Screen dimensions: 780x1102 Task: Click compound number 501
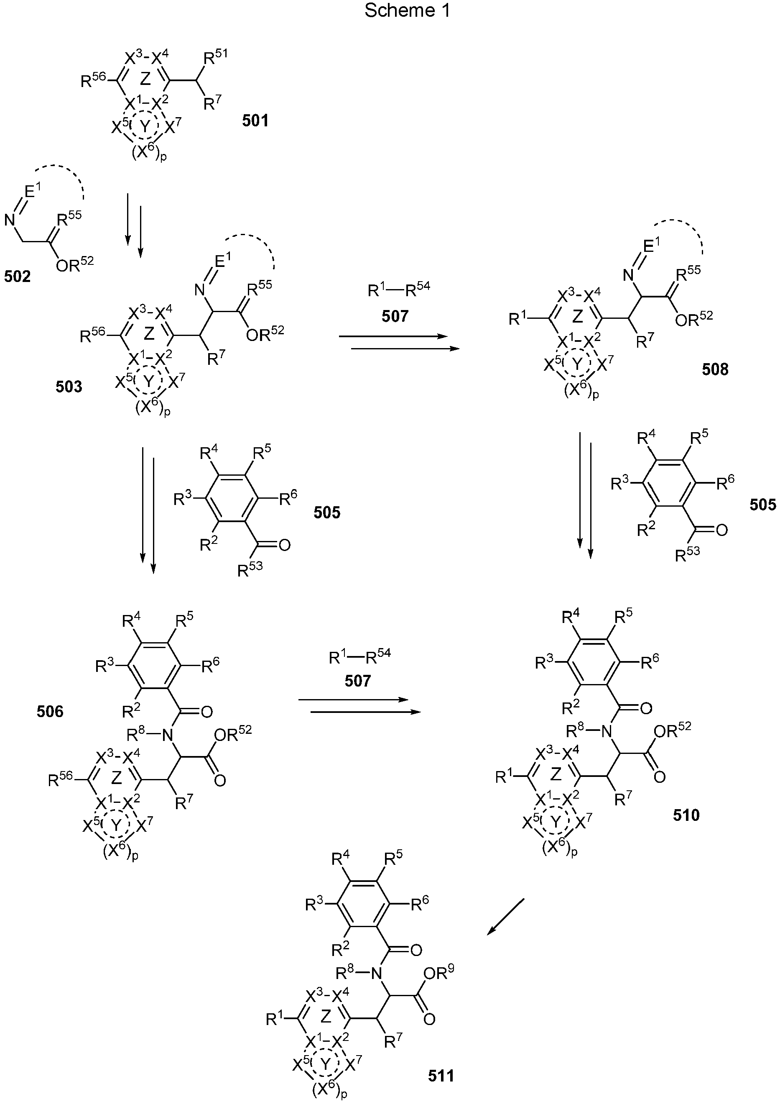click(255, 120)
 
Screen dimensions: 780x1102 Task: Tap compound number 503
click(69, 387)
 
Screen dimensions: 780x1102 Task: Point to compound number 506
click(50, 711)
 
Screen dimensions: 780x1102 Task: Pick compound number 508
click(715, 369)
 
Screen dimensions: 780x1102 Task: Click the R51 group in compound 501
click(215, 57)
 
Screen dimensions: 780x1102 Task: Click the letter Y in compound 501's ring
click(145, 126)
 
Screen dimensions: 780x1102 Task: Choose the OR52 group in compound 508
click(693, 318)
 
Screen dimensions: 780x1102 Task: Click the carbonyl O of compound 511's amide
click(416, 950)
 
